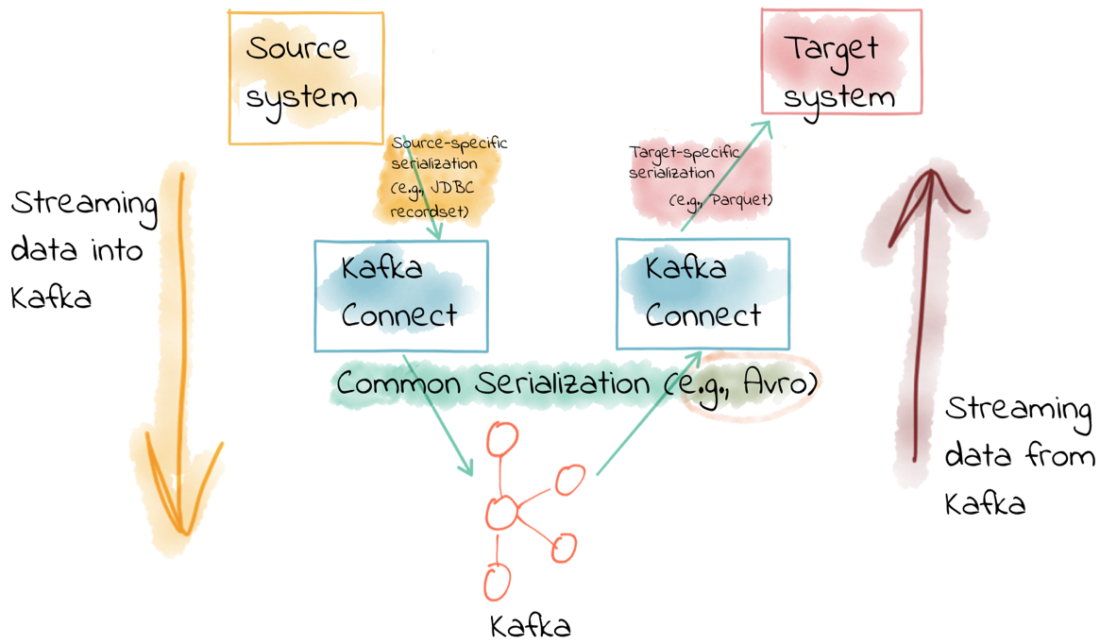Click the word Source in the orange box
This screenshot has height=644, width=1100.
click(296, 48)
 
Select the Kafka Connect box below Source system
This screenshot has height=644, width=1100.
click(400, 296)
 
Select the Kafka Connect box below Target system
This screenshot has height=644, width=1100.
click(702, 294)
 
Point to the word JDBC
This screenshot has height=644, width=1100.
click(451, 188)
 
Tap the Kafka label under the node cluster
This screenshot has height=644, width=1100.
click(531, 625)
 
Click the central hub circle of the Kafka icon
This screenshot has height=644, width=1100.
click(502, 513)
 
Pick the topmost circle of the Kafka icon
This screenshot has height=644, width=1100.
click(502, 439)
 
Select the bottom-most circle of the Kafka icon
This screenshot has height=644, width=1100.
click(498, 581)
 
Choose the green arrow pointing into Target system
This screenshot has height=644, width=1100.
click(727, 175)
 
